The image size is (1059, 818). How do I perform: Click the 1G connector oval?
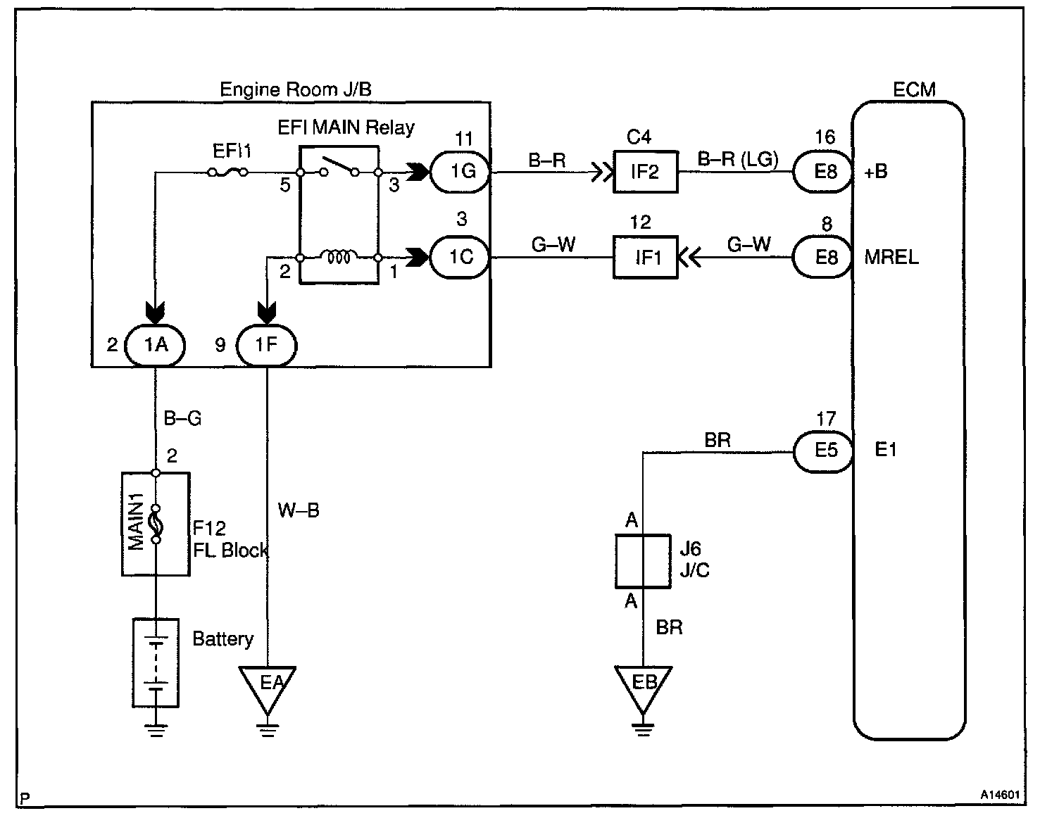[462, 171]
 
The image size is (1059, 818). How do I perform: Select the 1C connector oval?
[461, 257]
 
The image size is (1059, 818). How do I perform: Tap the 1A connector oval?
[156, 345]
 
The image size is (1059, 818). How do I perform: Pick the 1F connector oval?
[266, 345]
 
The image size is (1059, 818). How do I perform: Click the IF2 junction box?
[645, 171]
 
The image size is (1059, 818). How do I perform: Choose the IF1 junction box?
[645, 258]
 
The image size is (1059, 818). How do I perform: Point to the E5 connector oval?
[824, 450]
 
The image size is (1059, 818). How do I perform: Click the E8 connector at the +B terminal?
[824, 171]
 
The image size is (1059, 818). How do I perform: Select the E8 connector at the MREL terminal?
[824, 257]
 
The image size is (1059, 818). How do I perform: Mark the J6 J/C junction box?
[642, 560]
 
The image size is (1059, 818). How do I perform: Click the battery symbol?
[156, 662]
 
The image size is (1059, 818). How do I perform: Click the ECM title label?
[914, 89]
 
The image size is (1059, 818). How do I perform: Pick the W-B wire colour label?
[299, 510]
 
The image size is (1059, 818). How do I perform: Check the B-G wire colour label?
[182, 418]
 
